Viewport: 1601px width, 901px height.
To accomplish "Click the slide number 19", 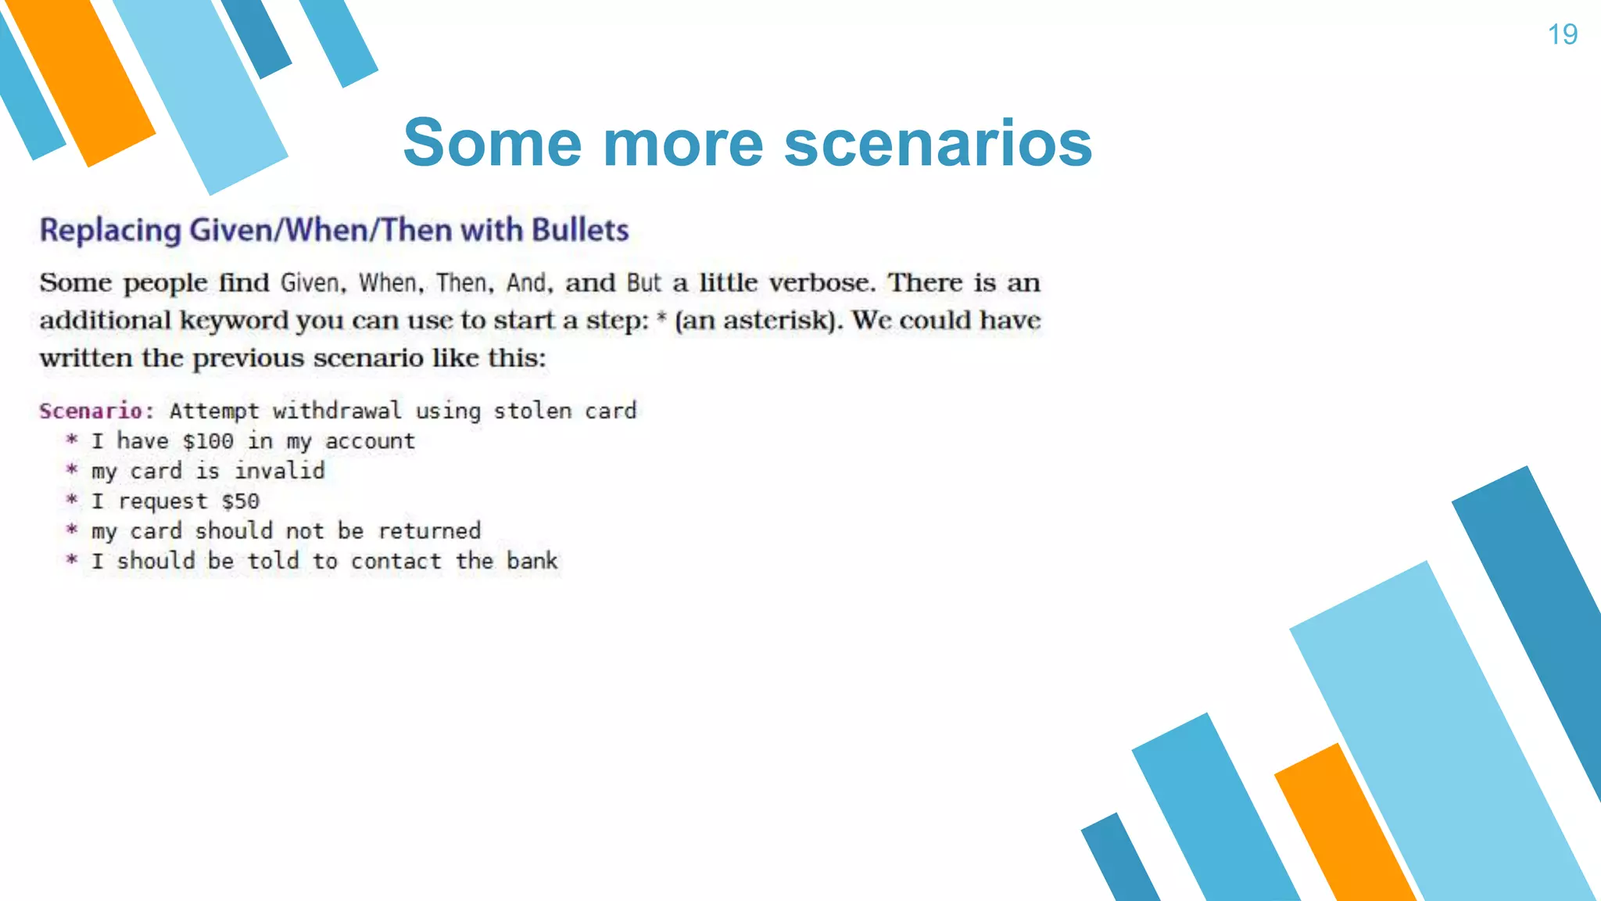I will (1562, 34).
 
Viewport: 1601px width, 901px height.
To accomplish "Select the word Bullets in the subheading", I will (580, 230).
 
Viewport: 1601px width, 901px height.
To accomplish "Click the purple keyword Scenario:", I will (97, 411).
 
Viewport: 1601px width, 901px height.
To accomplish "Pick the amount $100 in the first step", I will (208, 441).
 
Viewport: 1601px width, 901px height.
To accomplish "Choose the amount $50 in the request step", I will (240, 501).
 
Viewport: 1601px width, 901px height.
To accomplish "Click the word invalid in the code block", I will (279, 471).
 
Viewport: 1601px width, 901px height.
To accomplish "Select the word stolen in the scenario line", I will (532, 411).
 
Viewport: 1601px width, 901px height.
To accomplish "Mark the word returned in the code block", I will (429, 531).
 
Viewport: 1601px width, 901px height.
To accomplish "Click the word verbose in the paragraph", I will (821, 282).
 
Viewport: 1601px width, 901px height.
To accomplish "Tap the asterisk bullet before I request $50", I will (72, 500).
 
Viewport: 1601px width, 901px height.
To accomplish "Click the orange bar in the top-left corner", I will (82, 82).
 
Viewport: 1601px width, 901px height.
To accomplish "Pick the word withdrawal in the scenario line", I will (337, 411).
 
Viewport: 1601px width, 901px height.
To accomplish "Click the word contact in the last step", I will (396, 561).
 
